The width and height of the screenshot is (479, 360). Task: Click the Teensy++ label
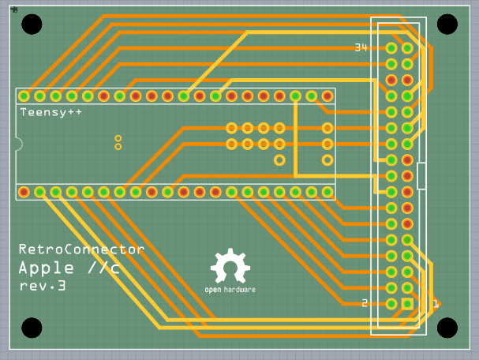pyautogui.click(x=51, y=112)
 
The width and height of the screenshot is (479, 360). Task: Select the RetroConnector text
pyautogui.click(x=81, y=249)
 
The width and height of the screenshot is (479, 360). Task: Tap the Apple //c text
pyautogui.click(x=69, y=268)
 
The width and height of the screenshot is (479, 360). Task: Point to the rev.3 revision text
pyautogui.click(x=43, y=286)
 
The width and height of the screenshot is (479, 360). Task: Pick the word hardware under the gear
pyautogui.click(x=239, y=290)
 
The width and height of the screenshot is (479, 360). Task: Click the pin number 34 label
pyautogui.click(x=361, y=48)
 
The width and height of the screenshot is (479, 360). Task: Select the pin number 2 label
pyautogui.click(x=365, y=303)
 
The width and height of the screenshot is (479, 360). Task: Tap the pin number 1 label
pyautogui.click(x=433, y=303)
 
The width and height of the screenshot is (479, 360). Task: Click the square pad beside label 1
pyautogui.click(x=407, y=303)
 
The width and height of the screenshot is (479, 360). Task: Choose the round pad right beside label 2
pyautogui.click(x=391, y=303)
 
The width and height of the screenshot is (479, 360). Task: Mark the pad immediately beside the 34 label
pyautogui.click(x=391, y=48)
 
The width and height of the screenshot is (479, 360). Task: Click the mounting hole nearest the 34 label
pyautogui.click(x=447, y=24)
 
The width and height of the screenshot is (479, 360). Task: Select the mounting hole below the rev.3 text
pyautogui.click(x=32, y=327)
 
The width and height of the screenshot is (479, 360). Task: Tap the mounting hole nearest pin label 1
pyautogui.click(x=447, y=327)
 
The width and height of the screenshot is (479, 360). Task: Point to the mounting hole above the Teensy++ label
pyautogui.click(x=32, y=24)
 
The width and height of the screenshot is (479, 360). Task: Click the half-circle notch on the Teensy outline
pyautogui.click(x=18, y=144)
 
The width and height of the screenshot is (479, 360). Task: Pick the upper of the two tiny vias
pyautogui.click(x=118, y=138)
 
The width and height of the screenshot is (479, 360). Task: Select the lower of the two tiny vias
pyautogui.click(x=118, y=146)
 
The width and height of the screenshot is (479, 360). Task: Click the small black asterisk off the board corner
pyautogui.click(x=14, y=9)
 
